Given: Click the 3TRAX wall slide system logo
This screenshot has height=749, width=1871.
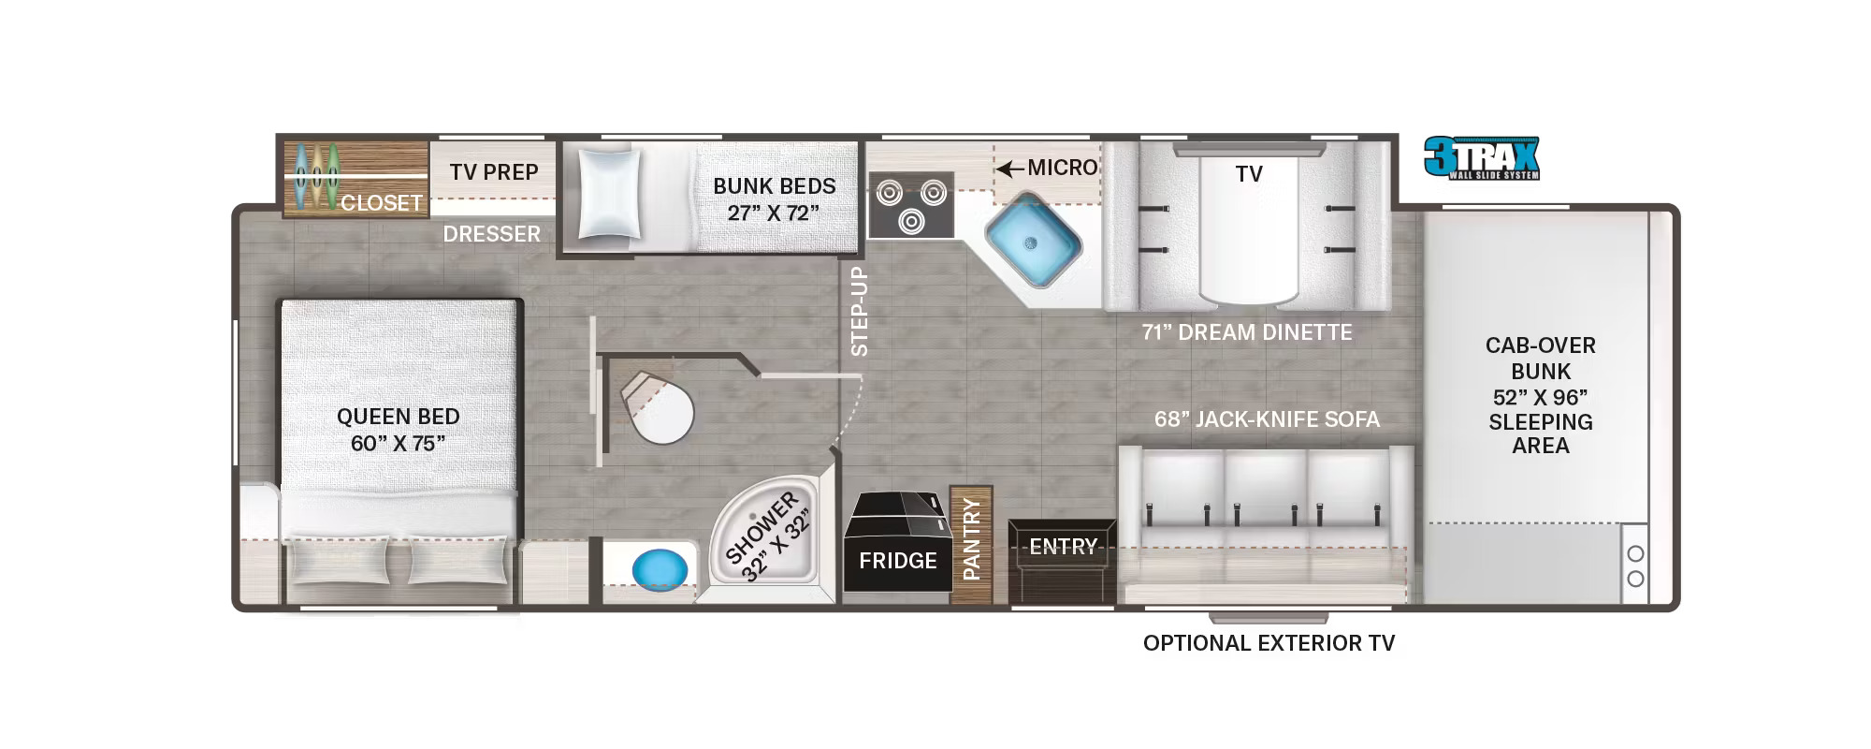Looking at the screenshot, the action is tap(1482, 158).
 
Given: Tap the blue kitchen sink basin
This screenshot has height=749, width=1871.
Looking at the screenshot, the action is tap(1033, 242).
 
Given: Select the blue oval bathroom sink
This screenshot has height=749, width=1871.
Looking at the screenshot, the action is tap(660, 568).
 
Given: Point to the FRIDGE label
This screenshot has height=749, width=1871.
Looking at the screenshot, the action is tap(898, 561).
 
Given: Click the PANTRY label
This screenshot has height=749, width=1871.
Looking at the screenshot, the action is tap(971, 539).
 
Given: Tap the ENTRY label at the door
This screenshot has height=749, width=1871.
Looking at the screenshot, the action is tap(1063, 546).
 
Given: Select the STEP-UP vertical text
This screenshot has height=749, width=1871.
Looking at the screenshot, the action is tap(859, 312).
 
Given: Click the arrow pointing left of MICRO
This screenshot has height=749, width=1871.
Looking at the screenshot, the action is tap(1009, 169).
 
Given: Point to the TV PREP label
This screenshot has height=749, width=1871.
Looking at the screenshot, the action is tap(494, 172).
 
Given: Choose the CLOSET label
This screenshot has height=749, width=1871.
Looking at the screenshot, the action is tap(382, 202).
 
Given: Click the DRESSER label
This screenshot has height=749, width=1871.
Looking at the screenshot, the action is tap(492, 234).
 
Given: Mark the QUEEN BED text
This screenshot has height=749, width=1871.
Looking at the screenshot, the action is tap(399, 417).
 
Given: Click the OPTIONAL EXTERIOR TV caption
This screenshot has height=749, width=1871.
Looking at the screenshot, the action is tap(1269, 643).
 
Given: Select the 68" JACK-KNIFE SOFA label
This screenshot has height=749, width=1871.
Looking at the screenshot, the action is tap(1267, 419).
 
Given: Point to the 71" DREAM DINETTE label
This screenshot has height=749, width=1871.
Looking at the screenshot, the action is tap(1247, 332).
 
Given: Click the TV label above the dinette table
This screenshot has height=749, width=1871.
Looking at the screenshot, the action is tap(1249, 174).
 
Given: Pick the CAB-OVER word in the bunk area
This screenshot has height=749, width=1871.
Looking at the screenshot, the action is tap(1541, 345).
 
